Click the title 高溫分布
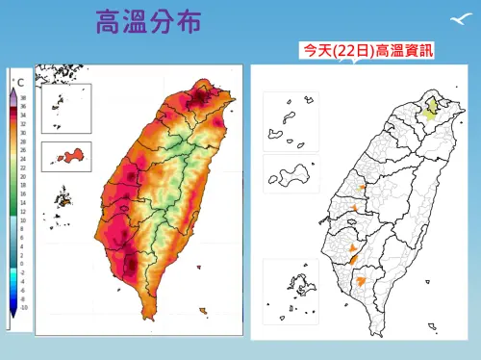(x=148, y=23)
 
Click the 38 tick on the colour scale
(x=23, y=97)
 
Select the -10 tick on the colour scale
(x=23, y=307)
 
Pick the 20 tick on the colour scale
(x=23, y=176)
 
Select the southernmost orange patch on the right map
(x=361, y=282)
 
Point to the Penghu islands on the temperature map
(x=64, y=200)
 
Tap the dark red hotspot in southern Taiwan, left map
(x=131, y=258)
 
